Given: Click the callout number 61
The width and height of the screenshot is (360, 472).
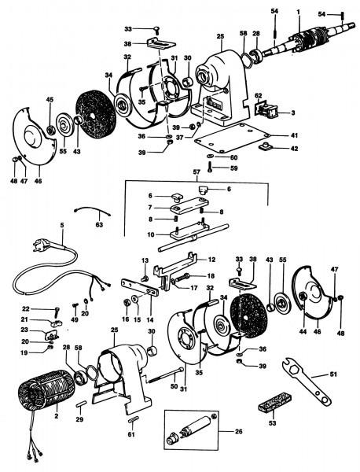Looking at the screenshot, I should pyautogui.click(x=131, y=435).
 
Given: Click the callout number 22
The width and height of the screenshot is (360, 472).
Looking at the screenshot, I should pyautogui.click(x=25, y=309).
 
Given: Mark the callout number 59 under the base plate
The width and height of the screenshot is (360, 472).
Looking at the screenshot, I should pyautogui.click(x=234, y=168).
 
